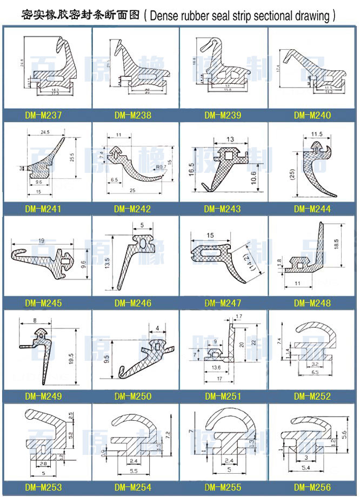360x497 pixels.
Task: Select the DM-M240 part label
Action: coord(312,115)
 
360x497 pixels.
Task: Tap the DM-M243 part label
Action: coord(223,209)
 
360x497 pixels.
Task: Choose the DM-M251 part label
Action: coord(223,397)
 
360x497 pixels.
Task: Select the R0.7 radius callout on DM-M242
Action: coord(161,167)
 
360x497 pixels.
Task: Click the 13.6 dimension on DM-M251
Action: coord(216,367)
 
